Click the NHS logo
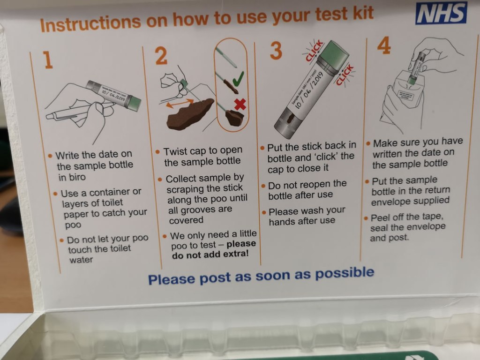(441, 13)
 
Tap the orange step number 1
(48, 60)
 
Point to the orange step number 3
(276, 51)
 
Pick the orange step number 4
(384, 45)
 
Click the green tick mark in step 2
(238, 79)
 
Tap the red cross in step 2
(240, 105)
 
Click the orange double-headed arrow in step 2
(180, 103)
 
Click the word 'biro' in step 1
(72, 177)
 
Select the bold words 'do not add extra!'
(210, 254)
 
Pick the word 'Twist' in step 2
(176, 151)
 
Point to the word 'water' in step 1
(81, 260)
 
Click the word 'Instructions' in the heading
(90, 23)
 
